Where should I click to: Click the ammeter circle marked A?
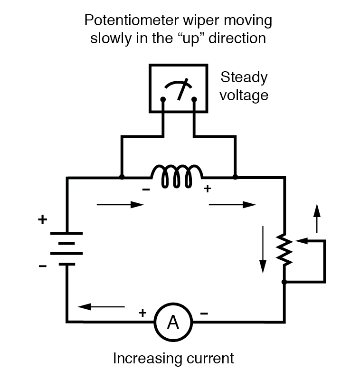pos(173,323)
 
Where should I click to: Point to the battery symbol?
pos(66,248)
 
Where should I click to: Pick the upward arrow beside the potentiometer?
pos(317,219)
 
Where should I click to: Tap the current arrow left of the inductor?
pos(120,205)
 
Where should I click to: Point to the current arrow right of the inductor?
pos(232,205)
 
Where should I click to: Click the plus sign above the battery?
pos(43,220)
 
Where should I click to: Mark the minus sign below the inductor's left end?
pos(146,190)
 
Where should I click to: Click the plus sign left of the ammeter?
pos(142,313)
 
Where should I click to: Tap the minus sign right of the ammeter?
pos(204,313)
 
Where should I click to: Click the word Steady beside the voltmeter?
pos(244,77)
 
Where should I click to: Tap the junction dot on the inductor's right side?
pos(235,177)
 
